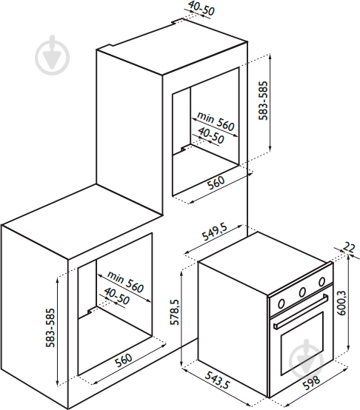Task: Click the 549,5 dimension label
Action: coord(215,232)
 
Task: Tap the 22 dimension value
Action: coord(349,247)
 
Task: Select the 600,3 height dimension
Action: coord(342,303)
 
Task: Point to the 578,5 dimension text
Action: coord(175,312)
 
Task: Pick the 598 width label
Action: coord(311,383)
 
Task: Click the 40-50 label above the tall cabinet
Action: coord(201,8)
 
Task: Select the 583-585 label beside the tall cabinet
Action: coord(263,101)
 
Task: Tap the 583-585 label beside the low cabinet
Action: coord(50,328)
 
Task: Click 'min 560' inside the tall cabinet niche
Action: coord(216,121)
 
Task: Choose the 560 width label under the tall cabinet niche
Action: coord(216,183)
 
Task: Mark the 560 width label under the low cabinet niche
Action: coord(124,360)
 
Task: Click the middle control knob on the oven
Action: coord(302,292)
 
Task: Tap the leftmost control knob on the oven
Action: coord(281,303)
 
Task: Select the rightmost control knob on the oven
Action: coord(321,281)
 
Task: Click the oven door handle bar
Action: coord(301,311)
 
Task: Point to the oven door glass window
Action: coord(302,343)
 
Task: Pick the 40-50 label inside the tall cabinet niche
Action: coord(211,135)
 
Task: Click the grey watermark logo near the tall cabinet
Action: coord(53,56)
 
